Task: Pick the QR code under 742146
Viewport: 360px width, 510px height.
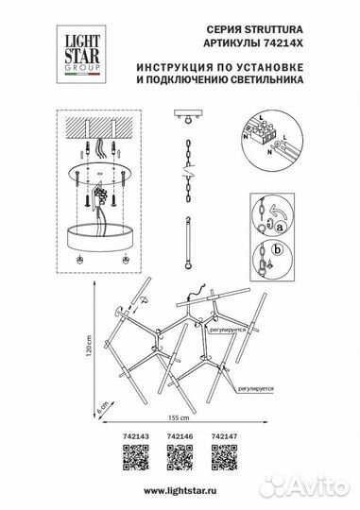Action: (180, 461)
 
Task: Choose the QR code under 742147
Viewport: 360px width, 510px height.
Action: (225, 461)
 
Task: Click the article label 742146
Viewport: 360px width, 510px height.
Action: (179, 437)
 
